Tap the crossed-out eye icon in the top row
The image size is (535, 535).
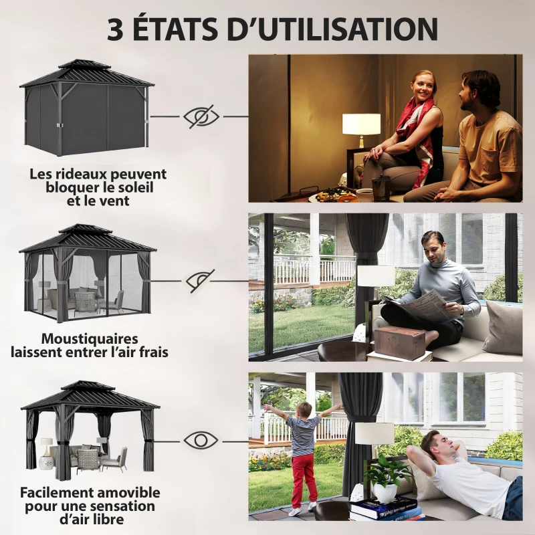tap(201, 116)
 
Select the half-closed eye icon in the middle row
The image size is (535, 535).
tap(200, 280)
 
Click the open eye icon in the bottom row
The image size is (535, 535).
tap(201, 441)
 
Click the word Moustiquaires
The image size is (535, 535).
tap(89, 339)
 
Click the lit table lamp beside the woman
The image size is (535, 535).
tap(361, 125)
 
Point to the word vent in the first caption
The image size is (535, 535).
tap(115, 200)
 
